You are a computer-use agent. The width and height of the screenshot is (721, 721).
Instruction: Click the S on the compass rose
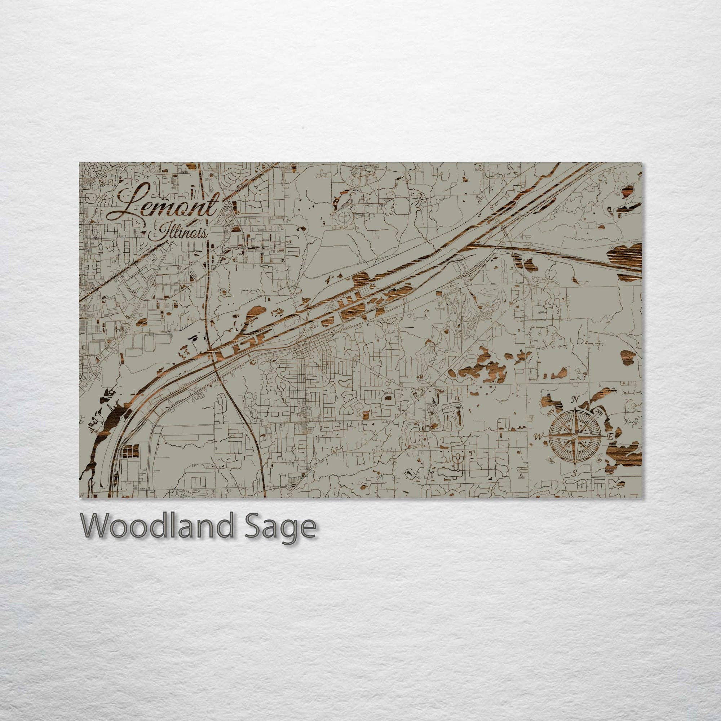(x=575, y=474)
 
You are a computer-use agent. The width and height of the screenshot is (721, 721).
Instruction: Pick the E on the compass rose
(x=611, y=436)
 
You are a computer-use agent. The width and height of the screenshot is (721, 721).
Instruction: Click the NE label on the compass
(x=600, y=413)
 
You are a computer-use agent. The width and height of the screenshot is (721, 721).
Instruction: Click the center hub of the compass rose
(x=575, y=436)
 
